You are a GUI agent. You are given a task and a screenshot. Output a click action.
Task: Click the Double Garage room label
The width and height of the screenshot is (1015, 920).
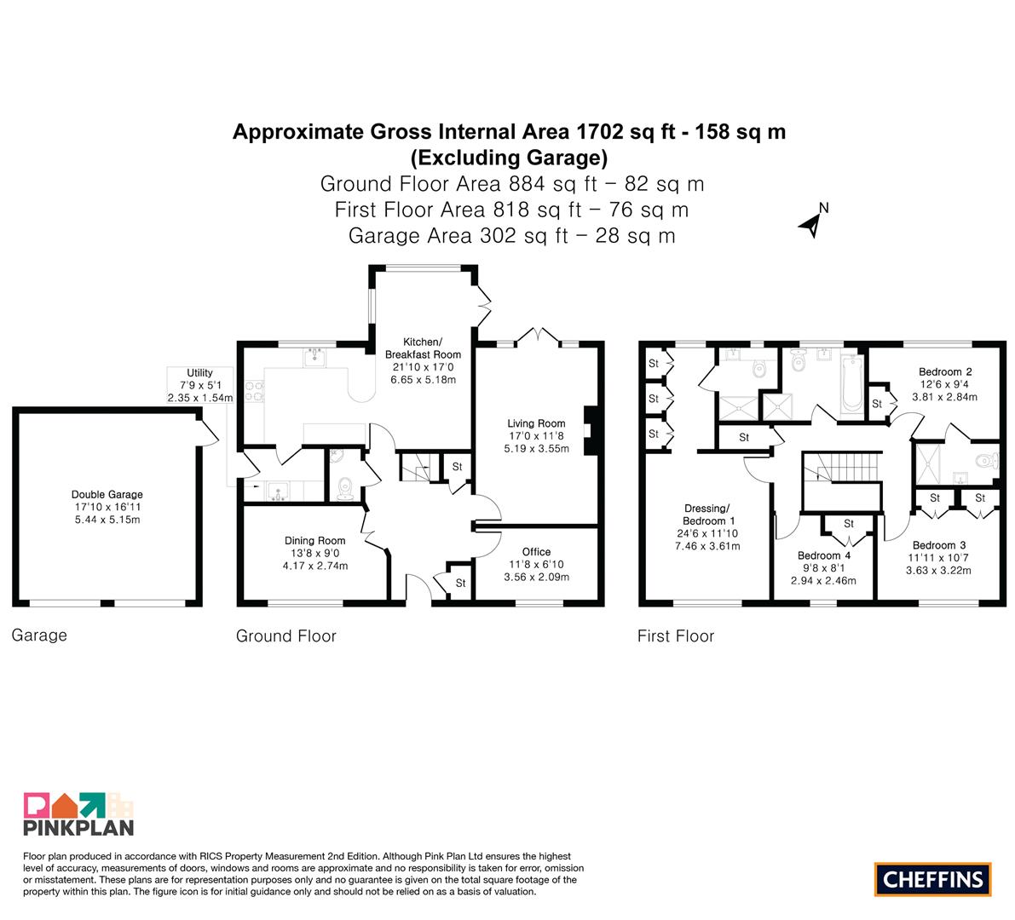point(107,494)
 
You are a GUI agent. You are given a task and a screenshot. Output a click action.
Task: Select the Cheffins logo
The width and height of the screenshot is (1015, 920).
point(933,879)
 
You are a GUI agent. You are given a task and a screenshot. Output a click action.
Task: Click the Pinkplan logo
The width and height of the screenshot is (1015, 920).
point(78,814)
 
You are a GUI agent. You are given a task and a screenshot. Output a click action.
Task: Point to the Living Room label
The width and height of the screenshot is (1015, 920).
point(536,423)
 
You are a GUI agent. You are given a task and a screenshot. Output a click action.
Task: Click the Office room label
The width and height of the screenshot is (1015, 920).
point(536,552)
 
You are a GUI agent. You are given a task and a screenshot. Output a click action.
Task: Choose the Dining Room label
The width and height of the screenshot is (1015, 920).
point(314,540)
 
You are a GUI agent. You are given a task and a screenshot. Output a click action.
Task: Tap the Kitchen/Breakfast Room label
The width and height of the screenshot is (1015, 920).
point(423,348)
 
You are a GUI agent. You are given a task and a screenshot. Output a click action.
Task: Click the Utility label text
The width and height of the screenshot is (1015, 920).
point(199,372)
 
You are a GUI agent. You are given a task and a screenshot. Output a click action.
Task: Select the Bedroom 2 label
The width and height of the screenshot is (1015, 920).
point(945,371)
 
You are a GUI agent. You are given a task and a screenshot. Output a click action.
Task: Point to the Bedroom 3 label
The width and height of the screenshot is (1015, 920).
point(938,545)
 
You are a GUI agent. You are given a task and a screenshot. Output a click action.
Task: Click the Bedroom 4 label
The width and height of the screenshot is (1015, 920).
point(823,555)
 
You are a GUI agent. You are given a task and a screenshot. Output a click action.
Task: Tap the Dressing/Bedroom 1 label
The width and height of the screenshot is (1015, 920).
point(706,515)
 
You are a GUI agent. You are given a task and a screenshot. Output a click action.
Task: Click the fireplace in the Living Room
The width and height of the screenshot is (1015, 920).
point(591,431)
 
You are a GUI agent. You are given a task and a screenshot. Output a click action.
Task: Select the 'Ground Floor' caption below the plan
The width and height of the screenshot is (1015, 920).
point(286,636)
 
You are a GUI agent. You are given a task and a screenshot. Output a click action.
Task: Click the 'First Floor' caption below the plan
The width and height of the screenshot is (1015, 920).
point(675,636)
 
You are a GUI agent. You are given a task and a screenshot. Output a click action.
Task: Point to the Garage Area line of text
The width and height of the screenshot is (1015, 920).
point(511,235)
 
